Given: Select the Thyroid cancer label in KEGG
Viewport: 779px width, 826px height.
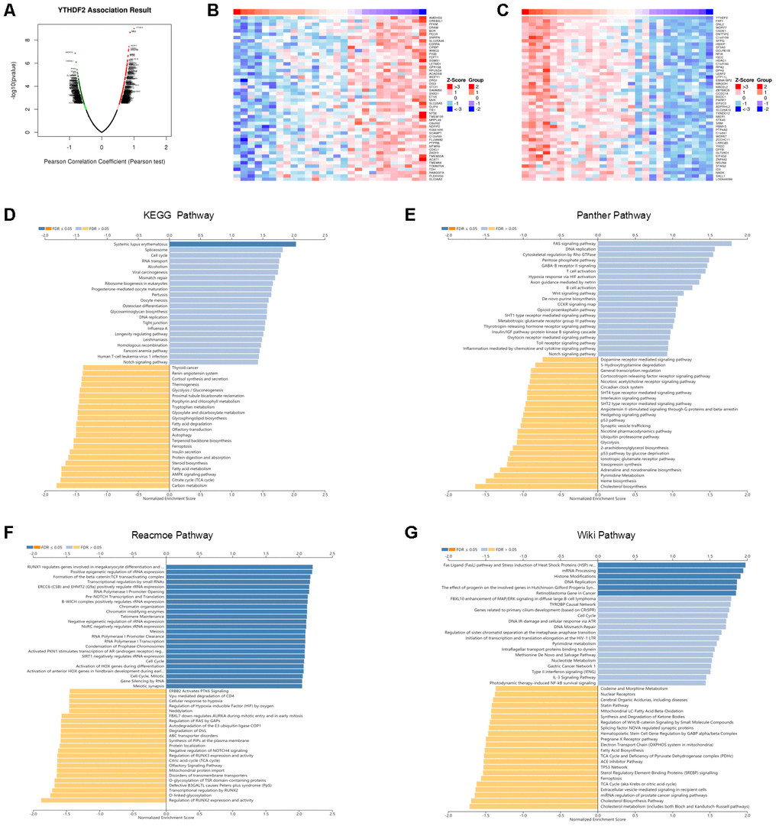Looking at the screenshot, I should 184,368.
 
